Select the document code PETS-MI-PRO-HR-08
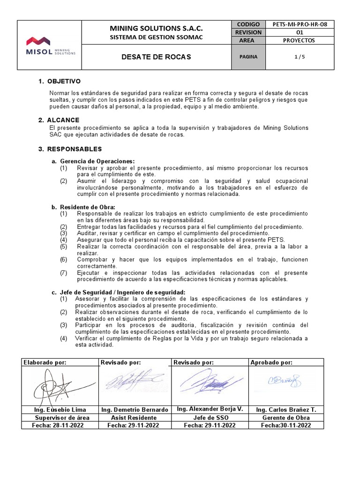pos(293,24)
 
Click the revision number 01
pos(293,32)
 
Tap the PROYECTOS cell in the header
pos(293,40)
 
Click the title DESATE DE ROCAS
pos(156,57)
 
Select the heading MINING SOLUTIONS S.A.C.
pos(156,28)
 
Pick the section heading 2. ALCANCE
pos(59,120)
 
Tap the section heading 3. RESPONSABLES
pos(70,149)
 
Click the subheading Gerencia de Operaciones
pos(97,161)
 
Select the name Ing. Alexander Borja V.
pos(210,409)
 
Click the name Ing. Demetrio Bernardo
pos(135,409)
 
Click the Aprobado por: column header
pos(271,362)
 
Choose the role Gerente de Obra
pos(286,417)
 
